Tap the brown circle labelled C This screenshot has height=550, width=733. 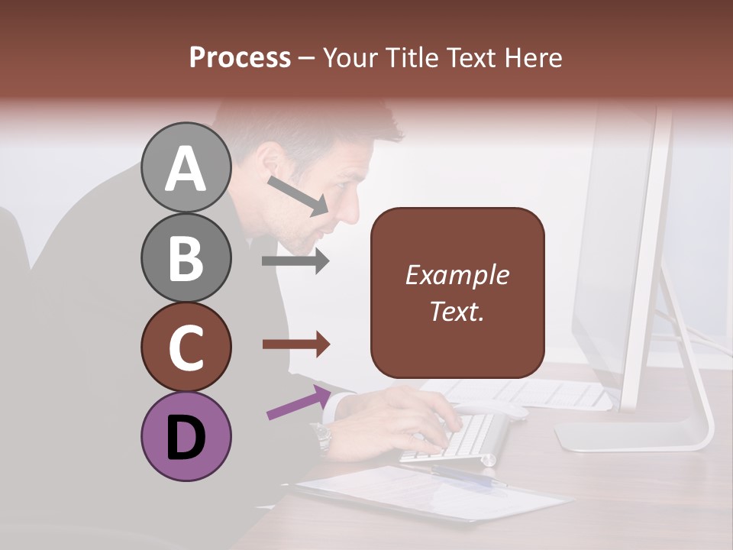[x=186, y=347]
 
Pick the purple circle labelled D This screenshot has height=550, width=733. [x=186, y=437]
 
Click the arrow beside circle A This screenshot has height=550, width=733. [x=298, y=196]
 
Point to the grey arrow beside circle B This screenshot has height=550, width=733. [x=295, y=261]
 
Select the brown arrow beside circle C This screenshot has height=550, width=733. [x=295, y=345]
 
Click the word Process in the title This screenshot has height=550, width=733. [x=240, y=57]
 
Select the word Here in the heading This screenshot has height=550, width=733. [x=534, y=57]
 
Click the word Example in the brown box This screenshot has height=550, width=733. [x=457, y=275]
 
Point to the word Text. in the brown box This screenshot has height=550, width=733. [x=457, y=311]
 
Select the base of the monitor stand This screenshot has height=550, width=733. [x=634, y=435]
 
